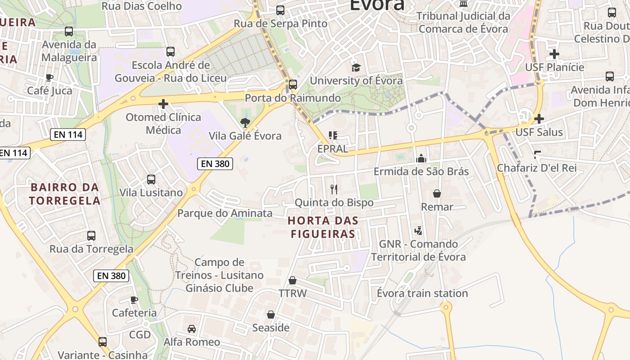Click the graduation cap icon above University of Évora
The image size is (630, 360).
356,67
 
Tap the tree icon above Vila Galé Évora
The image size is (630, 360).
245,122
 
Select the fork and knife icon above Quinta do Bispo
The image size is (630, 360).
333,189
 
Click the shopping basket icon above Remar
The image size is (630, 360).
436,193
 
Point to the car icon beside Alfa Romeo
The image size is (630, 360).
192,329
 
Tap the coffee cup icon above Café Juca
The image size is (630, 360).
49,77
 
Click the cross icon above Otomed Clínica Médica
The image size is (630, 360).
163,104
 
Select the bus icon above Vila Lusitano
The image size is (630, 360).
151,180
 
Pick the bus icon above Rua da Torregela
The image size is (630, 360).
91,235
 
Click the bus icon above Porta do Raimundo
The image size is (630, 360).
293,84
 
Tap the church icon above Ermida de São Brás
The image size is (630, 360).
421,158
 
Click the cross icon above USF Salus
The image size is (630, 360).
539,119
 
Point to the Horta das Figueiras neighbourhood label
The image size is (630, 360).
323,227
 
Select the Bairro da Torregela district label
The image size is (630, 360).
65,194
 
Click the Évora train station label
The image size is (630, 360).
422,293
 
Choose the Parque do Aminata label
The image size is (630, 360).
225,213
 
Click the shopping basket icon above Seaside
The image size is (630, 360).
271,315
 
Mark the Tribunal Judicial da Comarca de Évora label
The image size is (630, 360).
463,22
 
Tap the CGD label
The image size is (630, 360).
140,335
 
